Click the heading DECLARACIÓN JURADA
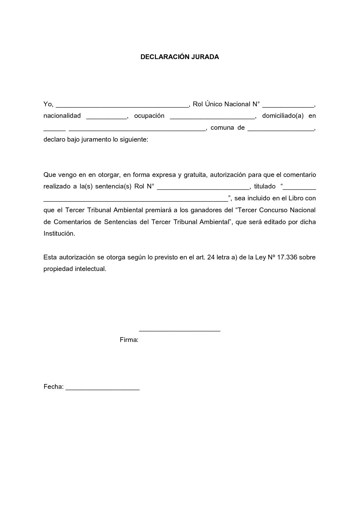180,57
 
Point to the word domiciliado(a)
283,116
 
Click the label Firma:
129,340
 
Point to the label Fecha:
53,387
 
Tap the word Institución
58,234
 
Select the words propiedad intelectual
75,269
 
